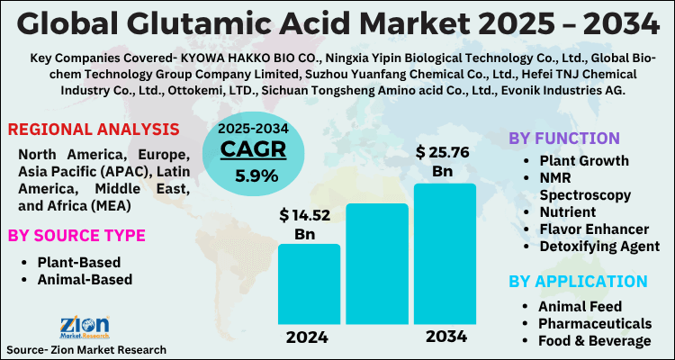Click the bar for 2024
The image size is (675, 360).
click(x=309, y=283)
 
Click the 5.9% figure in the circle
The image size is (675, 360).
click(x=256, y=175)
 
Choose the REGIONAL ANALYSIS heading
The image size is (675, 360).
click(x=89, y=129)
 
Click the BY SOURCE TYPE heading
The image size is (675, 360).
click(x=76, y=236)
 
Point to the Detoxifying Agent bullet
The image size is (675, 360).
click(x=598, y=247)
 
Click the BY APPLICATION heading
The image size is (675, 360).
click(x=578, y=281)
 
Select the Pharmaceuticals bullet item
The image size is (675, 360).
click(x=595, y=323)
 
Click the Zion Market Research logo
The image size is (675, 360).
click(x=85, y=326)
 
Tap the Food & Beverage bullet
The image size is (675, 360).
click(x=594, y=340)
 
